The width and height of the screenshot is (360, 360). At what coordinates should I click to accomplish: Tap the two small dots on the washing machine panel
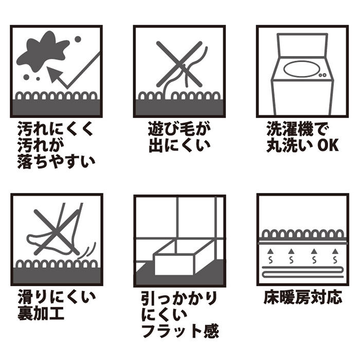[323, 75]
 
